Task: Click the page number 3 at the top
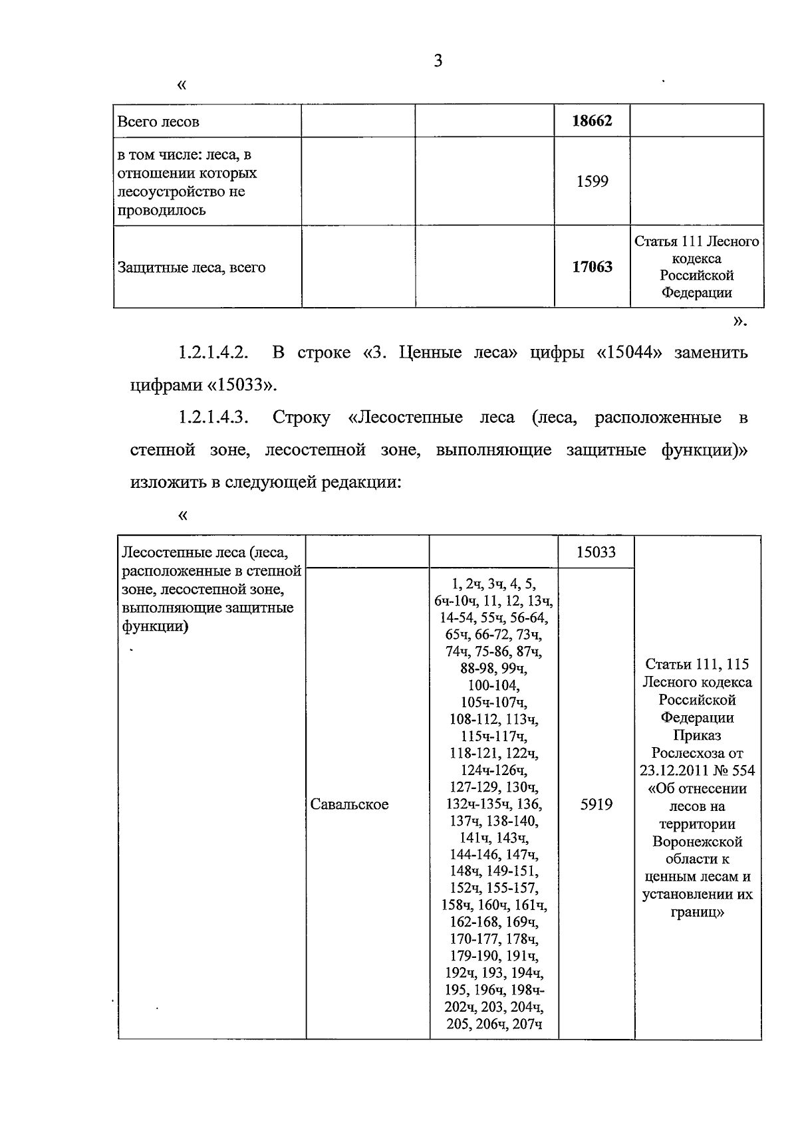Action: click(438, 61)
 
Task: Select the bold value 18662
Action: click(592, 121)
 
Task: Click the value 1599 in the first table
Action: click(592, 181)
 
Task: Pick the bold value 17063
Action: click(592, 267)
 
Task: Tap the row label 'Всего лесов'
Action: click(158, 122)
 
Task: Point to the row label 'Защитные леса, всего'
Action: click(192, 268)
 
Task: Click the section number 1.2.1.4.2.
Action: click(213, 352)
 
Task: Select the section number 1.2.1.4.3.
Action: click(213, 417)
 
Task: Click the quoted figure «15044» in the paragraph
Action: click(624, 352)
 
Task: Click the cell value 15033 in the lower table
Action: click(596, 552)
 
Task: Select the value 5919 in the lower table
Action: click(596, 805)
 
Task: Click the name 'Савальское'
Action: click(350, 805)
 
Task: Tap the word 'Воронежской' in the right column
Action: click(697, 842)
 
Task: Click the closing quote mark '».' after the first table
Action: click(739, 322)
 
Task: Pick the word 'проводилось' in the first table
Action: click(162, 211)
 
